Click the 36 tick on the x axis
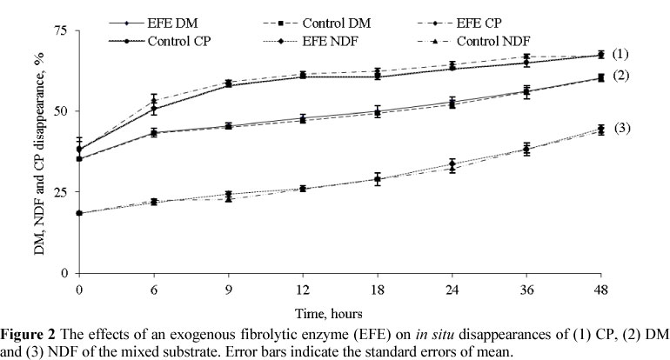point(526,286)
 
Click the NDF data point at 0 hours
point(79,213)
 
